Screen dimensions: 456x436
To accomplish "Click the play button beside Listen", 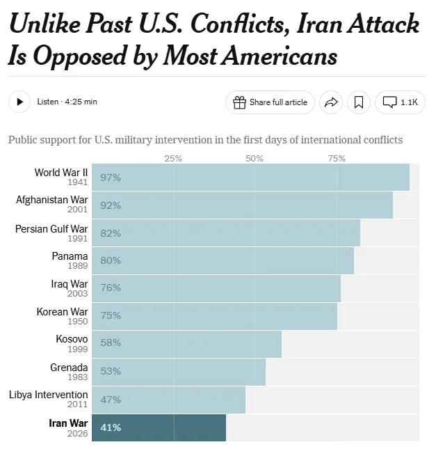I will pos(19,102).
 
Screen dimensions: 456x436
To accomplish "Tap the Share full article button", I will pos(270,102).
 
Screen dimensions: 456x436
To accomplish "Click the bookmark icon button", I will pos(358,102).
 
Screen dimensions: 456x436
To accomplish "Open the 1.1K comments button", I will pos(400,102).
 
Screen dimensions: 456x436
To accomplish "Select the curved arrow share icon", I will pos(331,102).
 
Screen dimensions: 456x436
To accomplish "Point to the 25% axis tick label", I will pos(173,159).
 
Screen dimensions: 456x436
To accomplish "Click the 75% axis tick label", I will pos(337,159).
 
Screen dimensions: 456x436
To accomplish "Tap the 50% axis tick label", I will pos(255,159).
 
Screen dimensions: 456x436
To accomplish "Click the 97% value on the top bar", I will pos(111,178).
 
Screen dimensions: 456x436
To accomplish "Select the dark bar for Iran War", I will pos(159,427).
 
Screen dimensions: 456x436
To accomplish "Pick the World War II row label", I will pos(61,173).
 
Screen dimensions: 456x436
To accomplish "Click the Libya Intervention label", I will pos(49,395).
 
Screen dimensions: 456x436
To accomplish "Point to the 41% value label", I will pos(111,427).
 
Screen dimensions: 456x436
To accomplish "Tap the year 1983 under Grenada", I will pos(78,377).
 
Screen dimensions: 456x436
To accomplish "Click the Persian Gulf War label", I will pos(52,228).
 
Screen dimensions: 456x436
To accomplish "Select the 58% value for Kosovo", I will pos(111,343).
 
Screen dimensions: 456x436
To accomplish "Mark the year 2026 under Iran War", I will pos(78,433).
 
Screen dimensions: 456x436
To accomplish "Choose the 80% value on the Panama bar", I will pos(111,260).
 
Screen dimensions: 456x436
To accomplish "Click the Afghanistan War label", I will pos(52,201).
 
